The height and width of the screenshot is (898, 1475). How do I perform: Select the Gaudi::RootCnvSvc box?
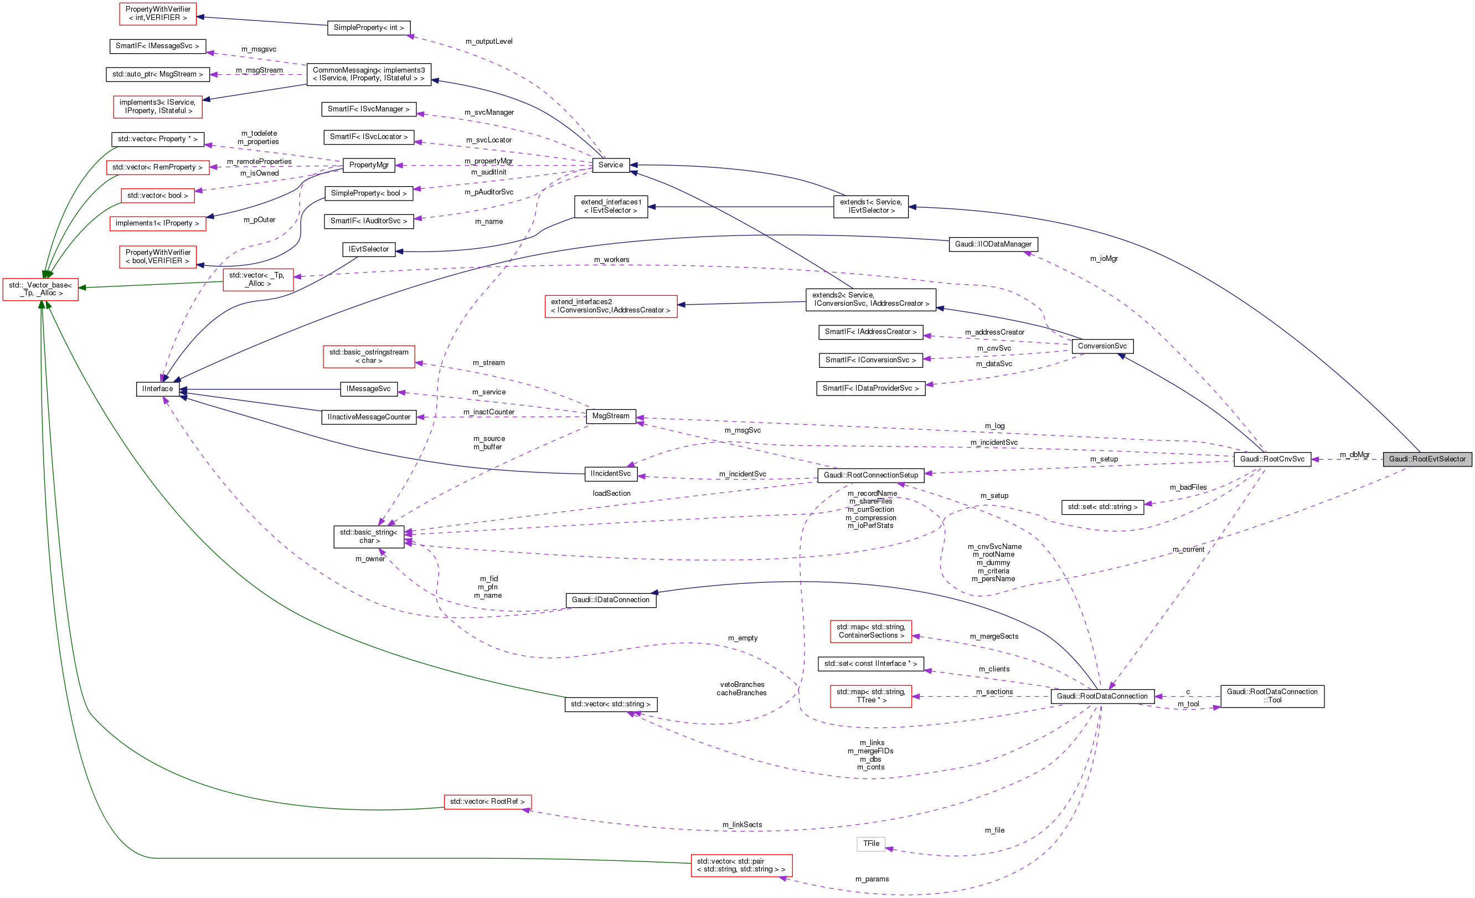click(x=1271, y=459)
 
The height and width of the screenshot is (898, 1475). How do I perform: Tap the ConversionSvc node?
click(x=1102, y=346)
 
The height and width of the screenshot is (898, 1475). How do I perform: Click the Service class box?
click(x=610, y=165)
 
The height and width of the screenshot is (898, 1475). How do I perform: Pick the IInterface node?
click(x=157, y=389)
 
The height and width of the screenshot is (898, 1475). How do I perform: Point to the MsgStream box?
click(x=611, y=415)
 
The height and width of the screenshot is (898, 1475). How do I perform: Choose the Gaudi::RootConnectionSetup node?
click(x=870, y=475)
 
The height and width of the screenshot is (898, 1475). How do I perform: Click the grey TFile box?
click(x=871, y=844)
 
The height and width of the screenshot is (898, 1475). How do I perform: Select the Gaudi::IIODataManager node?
click(x=993, y=244)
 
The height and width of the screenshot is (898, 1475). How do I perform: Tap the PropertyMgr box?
click(x=369, y=165)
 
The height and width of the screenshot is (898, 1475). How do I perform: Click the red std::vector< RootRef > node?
click(x=487, y=802)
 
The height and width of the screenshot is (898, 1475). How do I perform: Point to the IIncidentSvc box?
click(x=610, y=473)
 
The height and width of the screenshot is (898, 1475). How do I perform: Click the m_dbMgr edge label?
click(x=1354, y=455)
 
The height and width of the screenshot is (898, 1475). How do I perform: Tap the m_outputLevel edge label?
click(x=488, y=42)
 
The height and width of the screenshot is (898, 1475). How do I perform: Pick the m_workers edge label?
click(x=611, y=259)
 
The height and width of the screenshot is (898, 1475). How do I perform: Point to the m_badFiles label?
click(x=1188, y=487)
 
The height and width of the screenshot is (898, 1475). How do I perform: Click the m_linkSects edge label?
click(x=742, y=824)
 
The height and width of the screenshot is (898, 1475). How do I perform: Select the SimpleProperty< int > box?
click(x=369, y=28)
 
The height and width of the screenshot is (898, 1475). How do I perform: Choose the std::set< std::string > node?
click(x=1102, y=507)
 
